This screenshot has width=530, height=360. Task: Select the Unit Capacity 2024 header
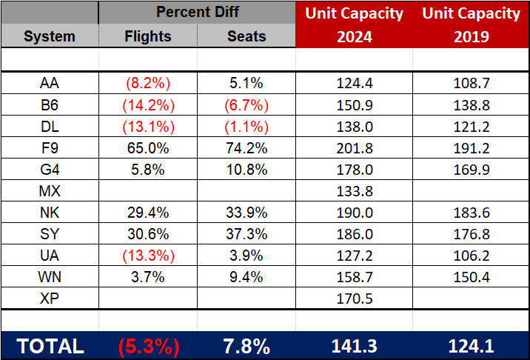[354, 24]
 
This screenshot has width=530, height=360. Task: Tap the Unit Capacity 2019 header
[471, 24]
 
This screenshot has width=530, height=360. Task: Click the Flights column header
[148, 36]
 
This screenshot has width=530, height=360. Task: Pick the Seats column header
[246, 36]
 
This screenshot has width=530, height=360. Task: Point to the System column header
[49, 36]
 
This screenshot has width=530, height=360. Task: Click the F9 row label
[49, 147]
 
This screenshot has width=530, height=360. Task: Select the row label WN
[49, 278]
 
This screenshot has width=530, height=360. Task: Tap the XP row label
[49, 299]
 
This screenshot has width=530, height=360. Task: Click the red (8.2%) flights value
[148, 83]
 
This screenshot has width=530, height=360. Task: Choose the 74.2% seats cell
[246, 147]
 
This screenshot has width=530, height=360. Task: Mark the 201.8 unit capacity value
[354, 147]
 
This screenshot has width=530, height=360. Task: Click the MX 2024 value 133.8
[354, 191]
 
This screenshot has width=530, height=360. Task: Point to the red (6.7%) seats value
[246, 104]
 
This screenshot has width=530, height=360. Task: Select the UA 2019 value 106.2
[471, 256]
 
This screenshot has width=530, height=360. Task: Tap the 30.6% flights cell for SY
[148, 234]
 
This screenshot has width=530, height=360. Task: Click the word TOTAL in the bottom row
[50, 345]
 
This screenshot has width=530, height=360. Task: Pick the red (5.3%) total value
[148, 345]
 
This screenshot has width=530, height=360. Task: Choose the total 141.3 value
[354, 345]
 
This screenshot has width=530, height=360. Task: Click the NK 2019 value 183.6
[471, 213]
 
